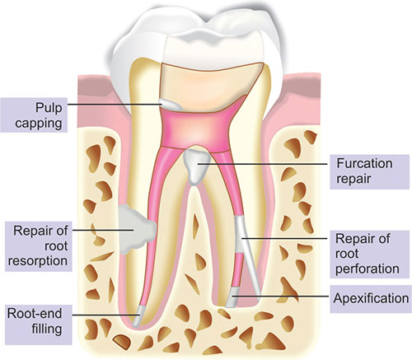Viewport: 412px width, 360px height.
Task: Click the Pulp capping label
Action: click(39, 115)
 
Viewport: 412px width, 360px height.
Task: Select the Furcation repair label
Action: click(364, 171)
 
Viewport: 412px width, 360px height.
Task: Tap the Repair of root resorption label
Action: click(38, 245)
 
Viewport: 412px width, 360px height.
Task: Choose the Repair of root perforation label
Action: click(368, 254)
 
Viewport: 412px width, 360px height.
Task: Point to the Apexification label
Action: click(371, 298)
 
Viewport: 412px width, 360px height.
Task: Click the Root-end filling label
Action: click(35, 321)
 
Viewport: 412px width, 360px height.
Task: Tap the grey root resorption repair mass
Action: click(137, 229)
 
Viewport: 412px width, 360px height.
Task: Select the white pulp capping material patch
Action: click(171, 105)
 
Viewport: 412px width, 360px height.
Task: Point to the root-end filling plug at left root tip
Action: click(138, 316)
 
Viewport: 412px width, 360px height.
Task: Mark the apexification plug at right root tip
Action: click(232, 297)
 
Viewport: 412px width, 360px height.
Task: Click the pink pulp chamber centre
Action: click(195, 129)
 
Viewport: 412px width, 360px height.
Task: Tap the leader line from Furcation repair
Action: click(263, 164)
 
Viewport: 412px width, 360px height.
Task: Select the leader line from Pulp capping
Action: click(115, 104)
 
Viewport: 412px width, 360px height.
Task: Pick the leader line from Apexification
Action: click(280, 297)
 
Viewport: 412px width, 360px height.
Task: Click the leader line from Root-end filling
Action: click(105, 315)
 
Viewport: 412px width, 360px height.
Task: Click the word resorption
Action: click(38, 261)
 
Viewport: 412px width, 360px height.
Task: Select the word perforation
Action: click(368, 269)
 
